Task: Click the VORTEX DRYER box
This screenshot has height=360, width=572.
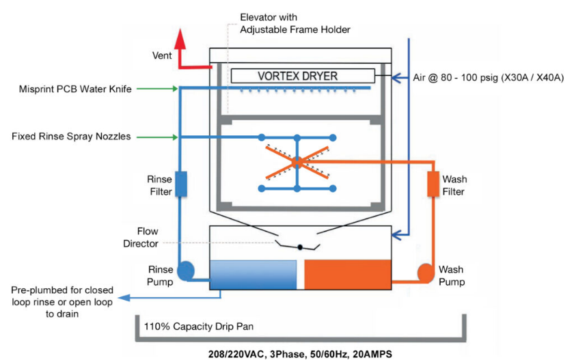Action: click(302, 76)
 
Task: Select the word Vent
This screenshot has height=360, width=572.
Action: click(161, 55)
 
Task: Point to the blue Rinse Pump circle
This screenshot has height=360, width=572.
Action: click(185, 272)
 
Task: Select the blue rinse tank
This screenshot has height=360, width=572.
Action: click(252, 274)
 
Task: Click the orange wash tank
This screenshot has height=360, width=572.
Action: click(347, 274)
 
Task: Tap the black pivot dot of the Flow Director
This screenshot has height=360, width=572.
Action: click(299, 246)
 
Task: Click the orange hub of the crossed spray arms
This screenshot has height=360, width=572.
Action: click(296, 162)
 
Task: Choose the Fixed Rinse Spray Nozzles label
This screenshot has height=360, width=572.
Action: click(72, 137)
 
